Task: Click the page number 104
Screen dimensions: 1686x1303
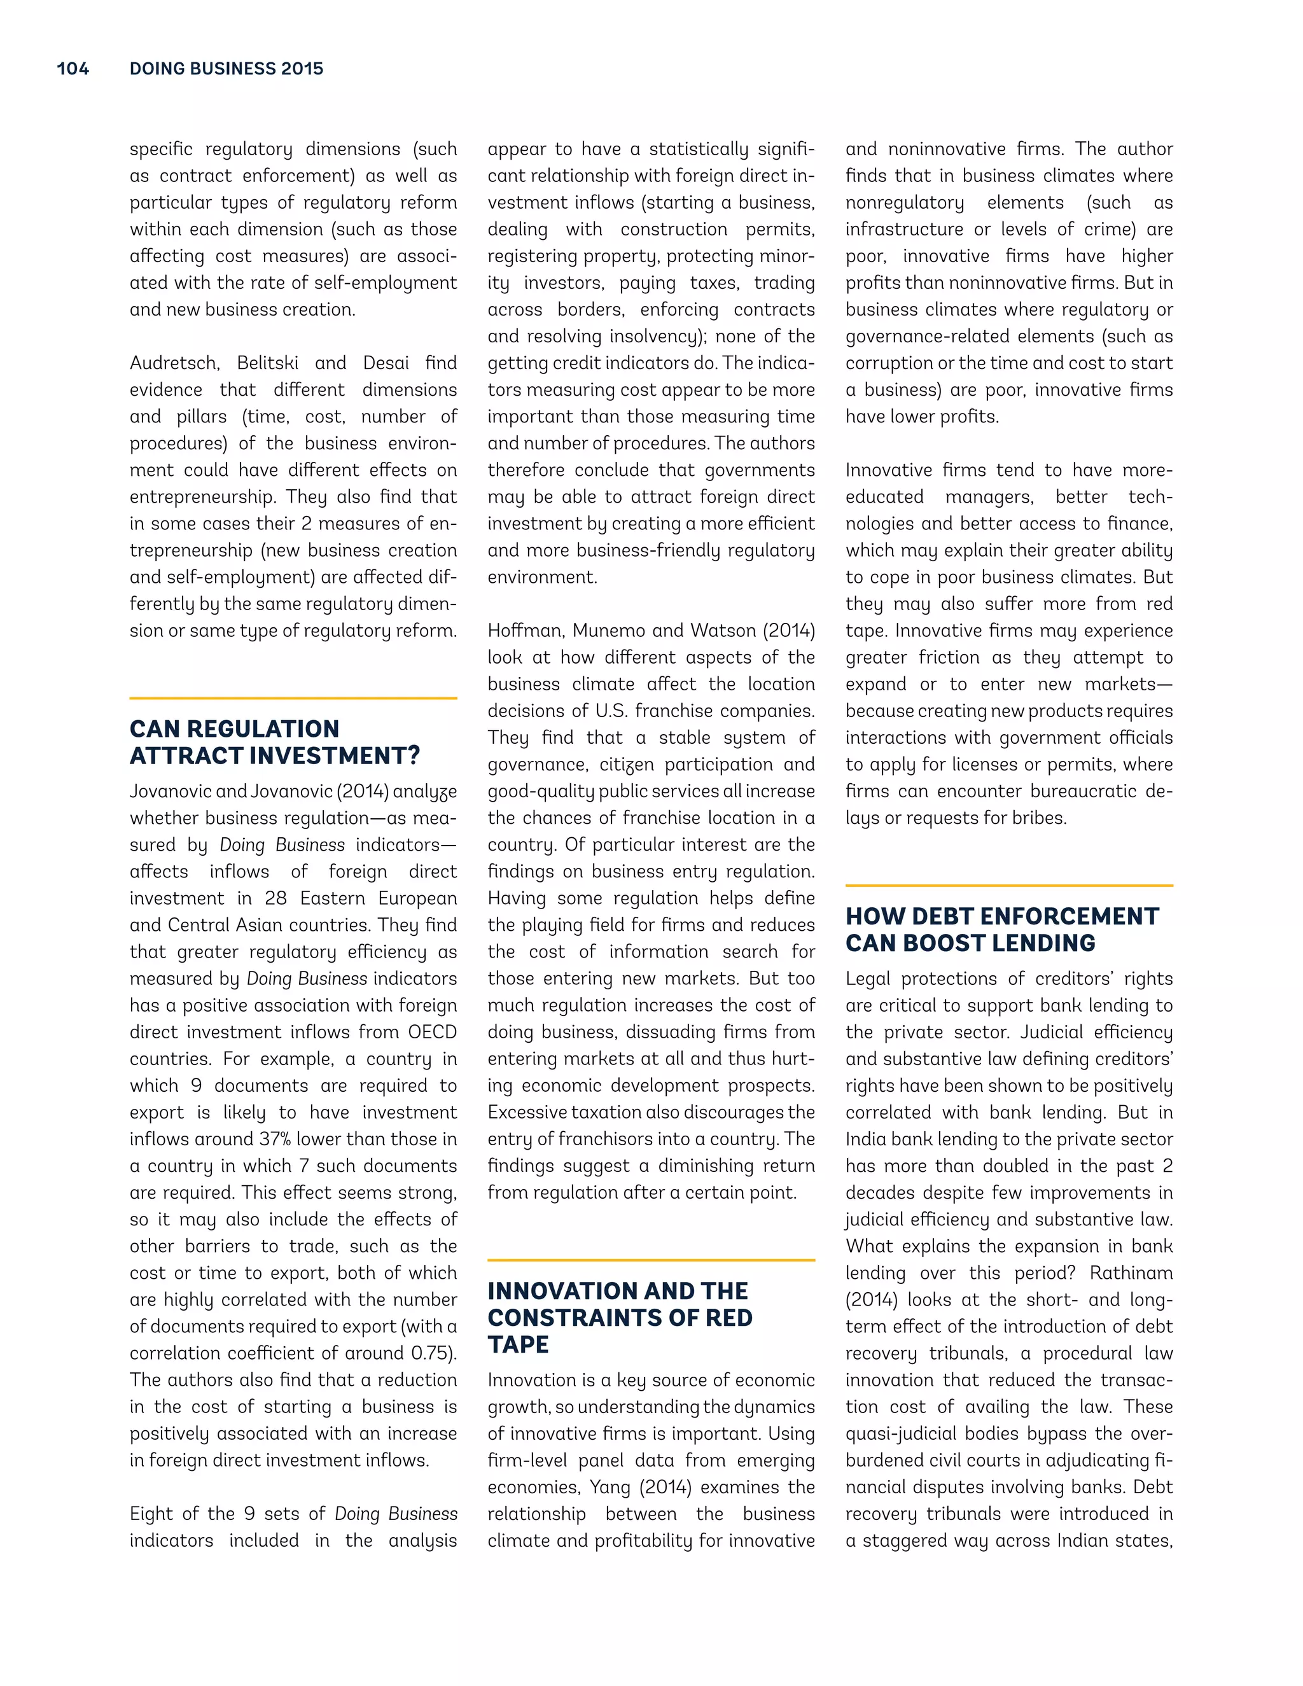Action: (x=73, y=69)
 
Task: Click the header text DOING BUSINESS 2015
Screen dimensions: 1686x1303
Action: (x=226, y=69)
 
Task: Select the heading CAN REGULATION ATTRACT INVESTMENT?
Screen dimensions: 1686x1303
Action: (x=274, y=742)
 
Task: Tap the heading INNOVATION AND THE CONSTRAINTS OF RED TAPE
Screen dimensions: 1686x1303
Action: (x=619, y=1317)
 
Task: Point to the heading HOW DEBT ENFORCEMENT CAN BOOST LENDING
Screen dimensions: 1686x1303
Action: (x=1001, y=930)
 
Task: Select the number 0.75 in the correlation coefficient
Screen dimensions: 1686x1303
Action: (x=430, y=1353)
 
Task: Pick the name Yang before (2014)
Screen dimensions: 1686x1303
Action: (x=609, y=1487)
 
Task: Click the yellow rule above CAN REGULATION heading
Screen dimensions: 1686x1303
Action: (x=293, y=698)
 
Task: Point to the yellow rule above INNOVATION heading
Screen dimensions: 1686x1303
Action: (x=651, y=1260)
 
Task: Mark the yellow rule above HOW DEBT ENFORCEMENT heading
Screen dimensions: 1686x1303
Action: (x=1009, y=886)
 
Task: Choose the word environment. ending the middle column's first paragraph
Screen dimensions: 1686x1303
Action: (x=542, y=578)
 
